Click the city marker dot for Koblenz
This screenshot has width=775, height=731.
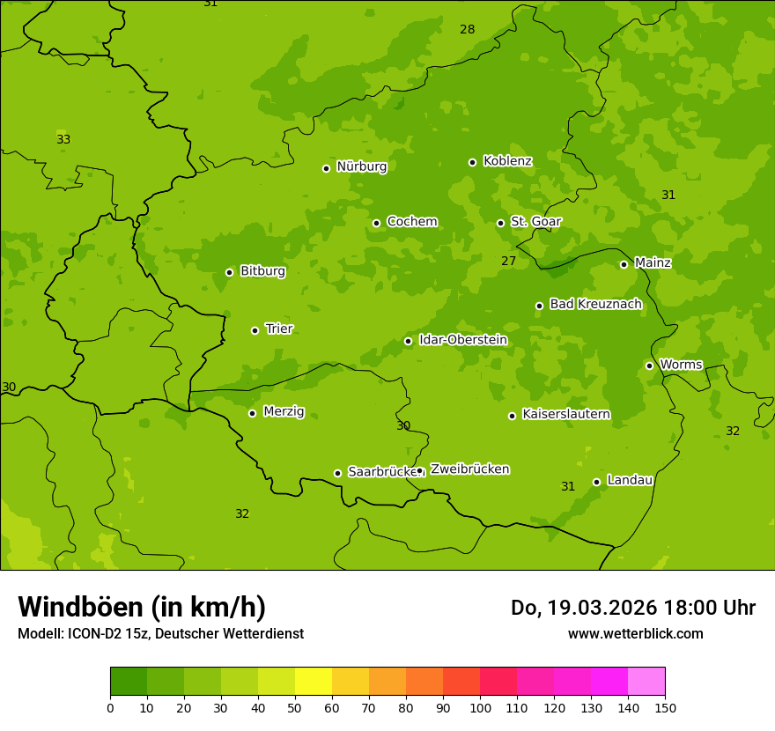[473, 162]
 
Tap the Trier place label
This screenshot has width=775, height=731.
[279, 329]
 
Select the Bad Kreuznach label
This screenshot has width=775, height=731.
[595, 304]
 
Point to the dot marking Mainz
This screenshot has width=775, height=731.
[624, 264]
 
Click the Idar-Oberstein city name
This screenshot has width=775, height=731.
[462, 340]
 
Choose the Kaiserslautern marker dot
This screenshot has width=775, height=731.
[513, 416]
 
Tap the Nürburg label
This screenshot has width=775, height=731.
[361, 166]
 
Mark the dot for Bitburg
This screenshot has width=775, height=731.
[230, 272]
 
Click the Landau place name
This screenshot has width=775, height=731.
[630, 480]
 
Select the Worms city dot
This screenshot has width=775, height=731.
[650, 365]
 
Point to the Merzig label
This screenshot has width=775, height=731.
[284, 411]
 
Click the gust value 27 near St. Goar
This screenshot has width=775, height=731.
[509, 261]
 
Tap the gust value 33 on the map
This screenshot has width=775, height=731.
[63, 139]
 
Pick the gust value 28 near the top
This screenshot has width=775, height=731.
[468, 29]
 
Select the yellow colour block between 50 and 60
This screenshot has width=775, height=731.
[314, 682]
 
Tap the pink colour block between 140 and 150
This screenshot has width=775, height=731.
[646, 682]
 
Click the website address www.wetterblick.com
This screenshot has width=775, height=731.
[635, 633]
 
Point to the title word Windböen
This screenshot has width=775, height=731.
[80, 607]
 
